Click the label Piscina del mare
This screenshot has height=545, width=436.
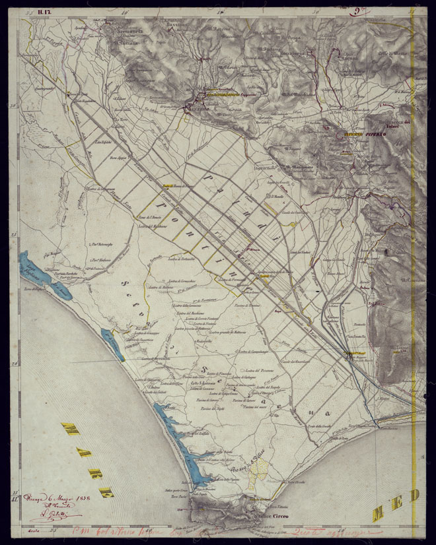pyautogui.click(x=248, y=407)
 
